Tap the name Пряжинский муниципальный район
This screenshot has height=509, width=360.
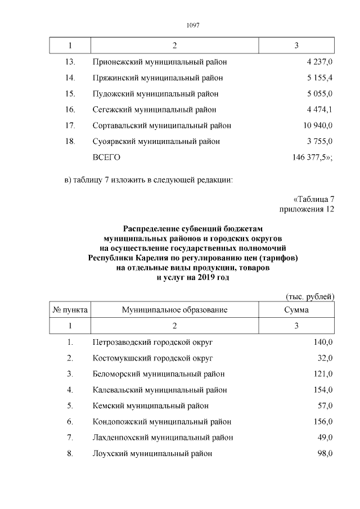point(157,78)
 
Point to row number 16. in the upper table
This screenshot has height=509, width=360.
point(70,110)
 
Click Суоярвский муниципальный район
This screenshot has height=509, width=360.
point(156,141)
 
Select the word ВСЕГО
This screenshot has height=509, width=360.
point(106,157)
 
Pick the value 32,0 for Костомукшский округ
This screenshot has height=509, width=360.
point(325,358)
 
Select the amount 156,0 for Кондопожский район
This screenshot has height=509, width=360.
point(323,421)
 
